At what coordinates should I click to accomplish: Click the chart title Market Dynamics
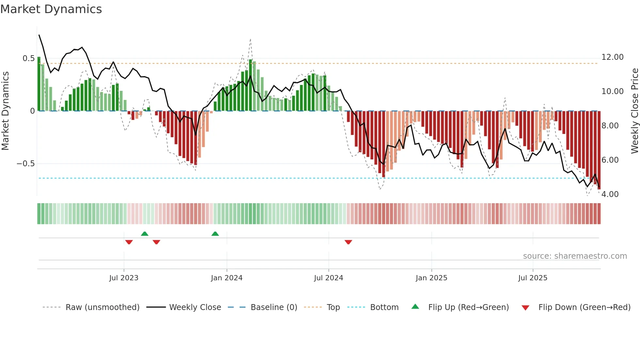(51, 9)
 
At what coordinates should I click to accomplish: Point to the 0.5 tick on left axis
(28, 58)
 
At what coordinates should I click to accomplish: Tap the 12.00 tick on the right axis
(612, 57)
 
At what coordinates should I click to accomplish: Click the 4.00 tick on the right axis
(610, 194)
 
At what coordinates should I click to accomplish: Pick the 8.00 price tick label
(610, 126)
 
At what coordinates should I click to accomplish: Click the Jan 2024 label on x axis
(227, 278)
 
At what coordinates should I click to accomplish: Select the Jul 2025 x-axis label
(533, 278)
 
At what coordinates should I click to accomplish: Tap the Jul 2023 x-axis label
(124, 278)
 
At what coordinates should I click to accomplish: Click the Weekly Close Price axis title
(634, 111)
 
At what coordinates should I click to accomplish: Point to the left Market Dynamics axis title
(5, 111)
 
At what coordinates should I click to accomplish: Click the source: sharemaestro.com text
(575, 256)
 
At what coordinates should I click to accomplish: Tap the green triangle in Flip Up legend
(415, 307)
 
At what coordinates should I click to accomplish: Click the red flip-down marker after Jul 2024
(348, 242)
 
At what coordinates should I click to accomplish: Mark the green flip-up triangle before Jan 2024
(215, 234)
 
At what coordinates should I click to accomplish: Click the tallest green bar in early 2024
(250, 85)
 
